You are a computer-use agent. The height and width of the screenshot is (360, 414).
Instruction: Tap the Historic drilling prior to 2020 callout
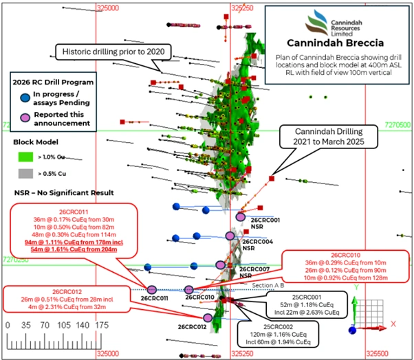click(x=116, y=51)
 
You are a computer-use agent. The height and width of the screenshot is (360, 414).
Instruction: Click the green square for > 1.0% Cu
click(x=21, y=157)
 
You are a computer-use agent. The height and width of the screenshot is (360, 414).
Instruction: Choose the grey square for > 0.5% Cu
click(x=21, y=175)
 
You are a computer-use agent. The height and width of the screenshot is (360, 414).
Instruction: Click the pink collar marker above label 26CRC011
click(x=152, y=289)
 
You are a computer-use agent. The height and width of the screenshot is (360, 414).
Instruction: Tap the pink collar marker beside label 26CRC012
click(x=208, y=317)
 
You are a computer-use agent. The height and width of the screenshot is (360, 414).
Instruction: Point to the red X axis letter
click(x=393, y=322)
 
